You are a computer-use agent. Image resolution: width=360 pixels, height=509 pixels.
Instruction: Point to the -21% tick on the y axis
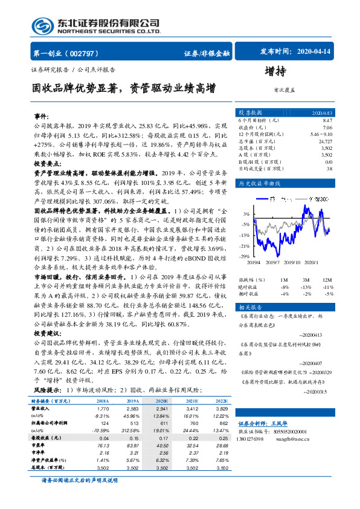point(244,246)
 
